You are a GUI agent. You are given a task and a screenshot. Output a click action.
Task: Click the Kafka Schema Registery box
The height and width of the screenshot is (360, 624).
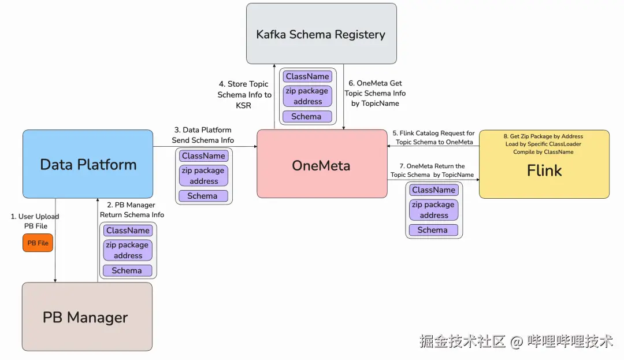[321, 34]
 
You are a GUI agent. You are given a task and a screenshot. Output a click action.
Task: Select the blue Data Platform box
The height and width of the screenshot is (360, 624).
[88, 164]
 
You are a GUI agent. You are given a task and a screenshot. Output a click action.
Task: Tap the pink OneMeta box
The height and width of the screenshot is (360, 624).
[321, 165]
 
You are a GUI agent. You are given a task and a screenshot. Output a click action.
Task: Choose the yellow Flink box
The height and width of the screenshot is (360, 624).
[544, 170]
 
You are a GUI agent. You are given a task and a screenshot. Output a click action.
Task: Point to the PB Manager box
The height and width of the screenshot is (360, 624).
[87, 317]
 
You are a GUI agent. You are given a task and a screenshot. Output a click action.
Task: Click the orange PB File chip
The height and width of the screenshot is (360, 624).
[38, 243]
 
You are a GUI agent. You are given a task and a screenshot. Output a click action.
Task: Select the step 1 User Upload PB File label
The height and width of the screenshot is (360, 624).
[35, 221]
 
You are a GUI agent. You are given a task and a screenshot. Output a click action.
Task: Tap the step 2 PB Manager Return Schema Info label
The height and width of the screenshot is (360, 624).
[132, 210]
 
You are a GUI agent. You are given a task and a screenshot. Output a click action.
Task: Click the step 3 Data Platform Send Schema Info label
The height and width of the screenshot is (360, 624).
[203, 135]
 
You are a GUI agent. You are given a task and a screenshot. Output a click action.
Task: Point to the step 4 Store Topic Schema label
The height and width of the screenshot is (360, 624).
[244, 95]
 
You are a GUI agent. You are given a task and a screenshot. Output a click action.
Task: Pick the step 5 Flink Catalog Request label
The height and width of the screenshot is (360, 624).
[434, 138]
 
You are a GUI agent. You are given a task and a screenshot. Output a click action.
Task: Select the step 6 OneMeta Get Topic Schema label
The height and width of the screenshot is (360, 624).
[375, 93]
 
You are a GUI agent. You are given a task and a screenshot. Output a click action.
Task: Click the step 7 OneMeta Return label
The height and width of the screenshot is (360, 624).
[432, 170]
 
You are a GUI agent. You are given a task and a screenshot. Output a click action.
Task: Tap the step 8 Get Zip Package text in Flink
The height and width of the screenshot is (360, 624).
[543, 144]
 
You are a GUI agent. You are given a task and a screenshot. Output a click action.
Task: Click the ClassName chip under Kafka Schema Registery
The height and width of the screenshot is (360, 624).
[307, 76]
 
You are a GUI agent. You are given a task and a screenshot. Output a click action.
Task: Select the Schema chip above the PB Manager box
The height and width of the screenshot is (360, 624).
[127, 270]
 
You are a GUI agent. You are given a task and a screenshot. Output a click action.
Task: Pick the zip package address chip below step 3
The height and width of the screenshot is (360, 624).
[203, 176]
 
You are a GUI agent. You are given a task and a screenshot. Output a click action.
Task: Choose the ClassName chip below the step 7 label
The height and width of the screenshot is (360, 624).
[433, 190]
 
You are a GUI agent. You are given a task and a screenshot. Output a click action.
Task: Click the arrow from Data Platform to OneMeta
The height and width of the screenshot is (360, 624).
[205, 147]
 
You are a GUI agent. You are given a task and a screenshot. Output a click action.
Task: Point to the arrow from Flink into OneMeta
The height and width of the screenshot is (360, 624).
[433, 146]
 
